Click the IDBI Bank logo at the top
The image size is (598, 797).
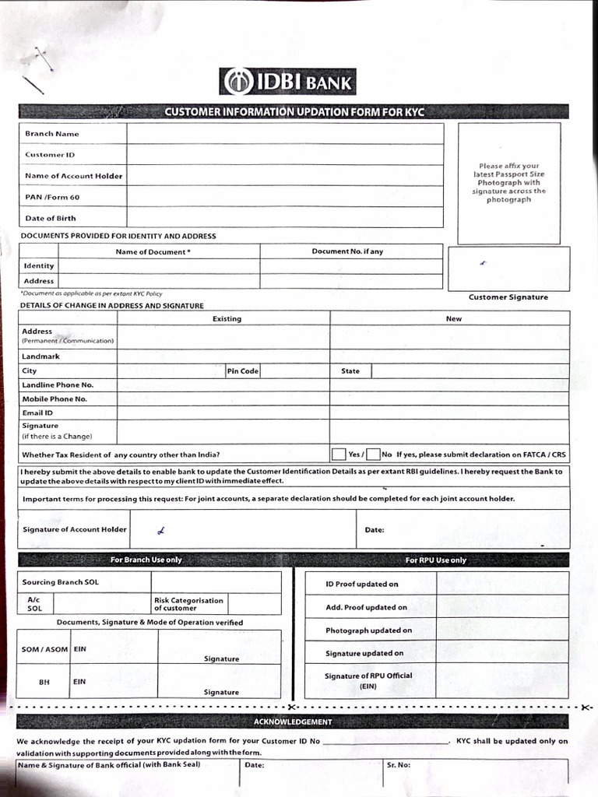point(287,82)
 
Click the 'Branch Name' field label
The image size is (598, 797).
point(51,134)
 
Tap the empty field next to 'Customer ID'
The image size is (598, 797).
point(285,155)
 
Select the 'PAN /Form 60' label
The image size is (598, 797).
point(52,198)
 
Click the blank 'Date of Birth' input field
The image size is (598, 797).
point(285,218)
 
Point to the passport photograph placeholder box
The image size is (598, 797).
point(508,183)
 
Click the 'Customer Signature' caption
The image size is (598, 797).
point(508,297)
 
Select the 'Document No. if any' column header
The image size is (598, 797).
point(347,251)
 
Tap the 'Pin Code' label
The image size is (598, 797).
point(243,371)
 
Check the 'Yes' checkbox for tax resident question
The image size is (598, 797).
point(339,455)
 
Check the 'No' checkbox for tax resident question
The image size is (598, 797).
point(374,455)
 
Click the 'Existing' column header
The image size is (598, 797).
point(227,318)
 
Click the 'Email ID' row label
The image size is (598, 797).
point(37,413)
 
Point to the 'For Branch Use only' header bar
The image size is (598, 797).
point(146,560)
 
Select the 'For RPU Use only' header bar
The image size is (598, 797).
point(436,560)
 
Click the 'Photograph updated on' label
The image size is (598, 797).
point(368,630)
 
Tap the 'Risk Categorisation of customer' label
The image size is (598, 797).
point(188,604)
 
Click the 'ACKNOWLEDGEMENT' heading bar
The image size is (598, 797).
point(292,722)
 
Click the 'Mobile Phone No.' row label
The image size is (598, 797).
point(55,399)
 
